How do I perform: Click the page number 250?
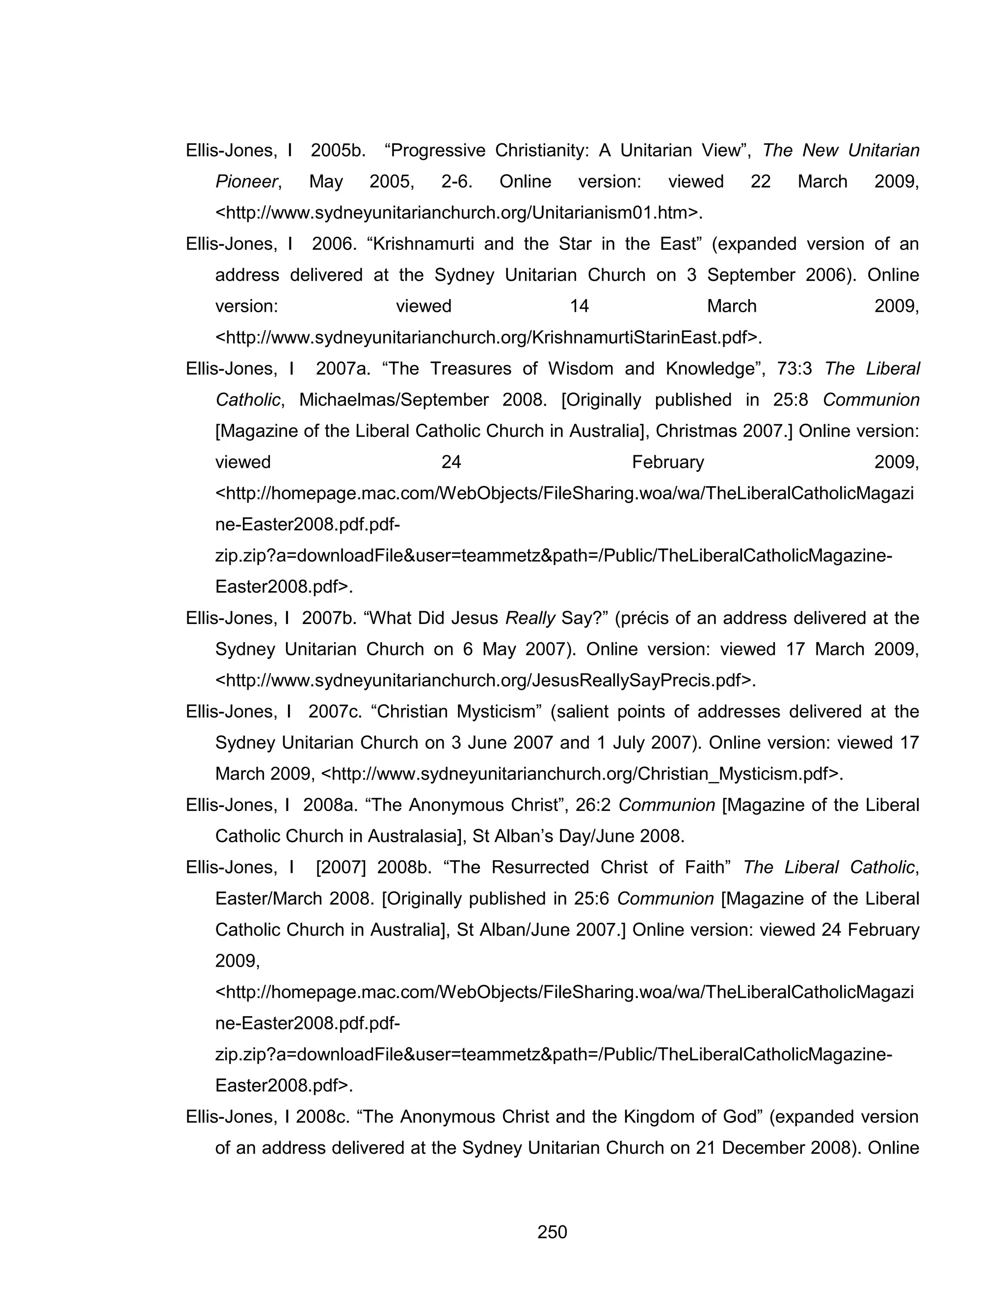(x=552, y=1231)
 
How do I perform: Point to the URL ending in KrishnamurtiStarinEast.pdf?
(x=488, y=338)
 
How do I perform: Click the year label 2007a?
(x=343, y=369)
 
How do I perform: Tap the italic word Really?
(x=530, y=618)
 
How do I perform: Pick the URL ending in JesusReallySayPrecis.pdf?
(x=485, y=680)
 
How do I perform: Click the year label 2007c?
(x=335, y=711)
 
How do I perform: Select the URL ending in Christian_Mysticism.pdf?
(x=582, y=774)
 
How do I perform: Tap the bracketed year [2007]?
(x=341, y=867)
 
